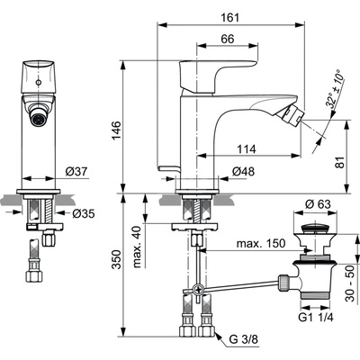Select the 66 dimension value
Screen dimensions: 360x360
tap(227, 39)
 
